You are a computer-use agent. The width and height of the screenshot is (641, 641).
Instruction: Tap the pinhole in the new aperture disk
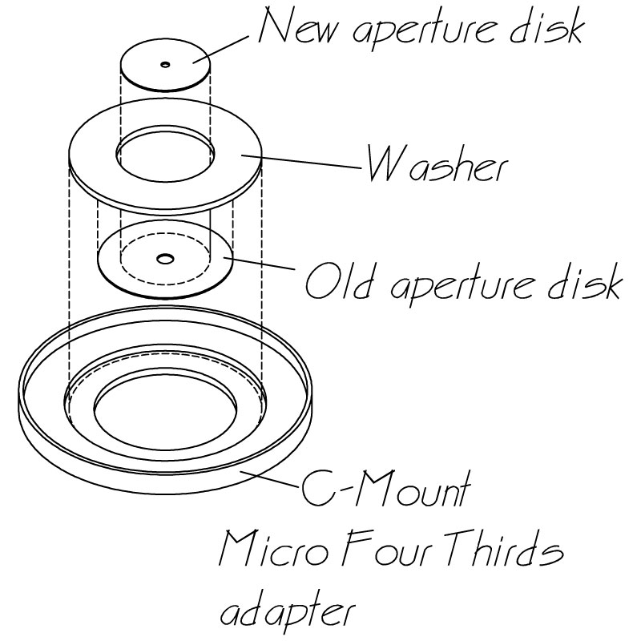[x=165, y=64]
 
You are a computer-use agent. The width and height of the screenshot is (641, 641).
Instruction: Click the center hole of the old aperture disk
[x=165, y=258]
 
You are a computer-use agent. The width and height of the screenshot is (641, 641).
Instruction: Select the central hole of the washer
[x=165, y=151]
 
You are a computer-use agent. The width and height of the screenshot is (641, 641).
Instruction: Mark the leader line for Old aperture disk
[x=264, y=268]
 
